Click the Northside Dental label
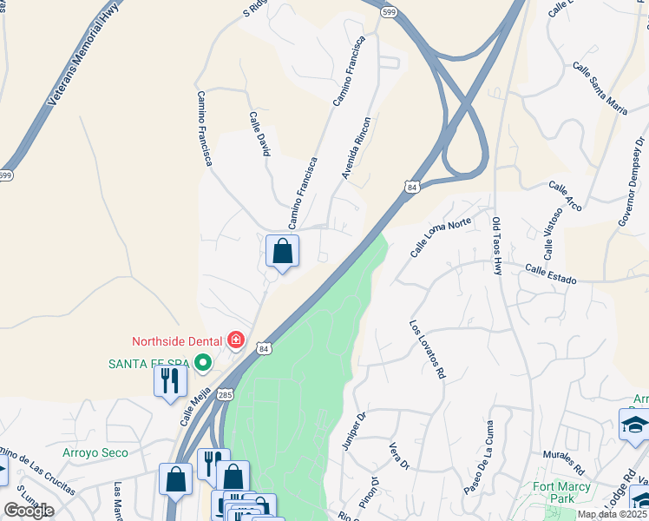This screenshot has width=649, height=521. (x=177, y=340)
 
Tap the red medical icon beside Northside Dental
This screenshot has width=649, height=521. (x=235, y=340)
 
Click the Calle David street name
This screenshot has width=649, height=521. (x=259, y=134)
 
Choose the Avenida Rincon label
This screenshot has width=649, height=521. (x=356, y=148)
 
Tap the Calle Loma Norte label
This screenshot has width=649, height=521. (x=441, y=237)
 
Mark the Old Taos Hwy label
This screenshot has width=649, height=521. (x=497, y=247)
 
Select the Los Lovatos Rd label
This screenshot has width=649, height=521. (x=427, y=349)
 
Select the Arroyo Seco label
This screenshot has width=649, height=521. (x=95, y=452)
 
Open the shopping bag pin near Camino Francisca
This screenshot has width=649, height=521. (x=282, y=252)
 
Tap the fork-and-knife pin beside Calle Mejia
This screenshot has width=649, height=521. (x=170, y=380)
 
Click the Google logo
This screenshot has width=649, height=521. (x=28, y=511)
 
